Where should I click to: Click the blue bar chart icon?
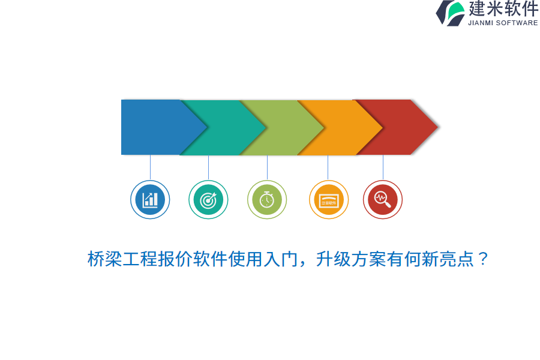coord(150,200)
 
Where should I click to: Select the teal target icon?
coord(208,200)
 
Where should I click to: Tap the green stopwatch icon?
coord(267,200)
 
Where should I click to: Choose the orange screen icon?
coord(329,200)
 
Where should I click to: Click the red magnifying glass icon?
coord(383,200)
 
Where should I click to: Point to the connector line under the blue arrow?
coord(150,167)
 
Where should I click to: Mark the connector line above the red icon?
coord(383,167)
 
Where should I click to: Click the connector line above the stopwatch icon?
coord(267,167)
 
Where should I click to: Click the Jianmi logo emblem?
coord(451,13)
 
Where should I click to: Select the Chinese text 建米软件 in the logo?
coord(503,9)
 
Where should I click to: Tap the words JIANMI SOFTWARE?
coord(503,23)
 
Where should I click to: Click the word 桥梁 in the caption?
coord(105,259)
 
